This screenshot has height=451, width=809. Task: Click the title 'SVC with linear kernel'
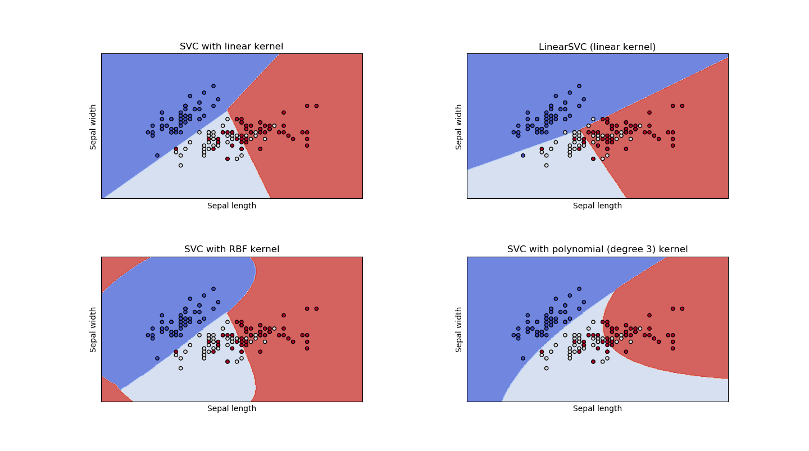click(x=231, y=47)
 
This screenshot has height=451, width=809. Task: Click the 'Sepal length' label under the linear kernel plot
click(x=231, y=206)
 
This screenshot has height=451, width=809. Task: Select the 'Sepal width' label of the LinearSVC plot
click(x=459, y=126)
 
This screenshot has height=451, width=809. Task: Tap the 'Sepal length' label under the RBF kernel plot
click(x=231, y=409)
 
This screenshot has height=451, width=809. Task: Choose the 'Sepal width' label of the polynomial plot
click(x=459, y=329)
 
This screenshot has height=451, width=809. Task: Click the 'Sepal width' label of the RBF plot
click(x=93, y=329)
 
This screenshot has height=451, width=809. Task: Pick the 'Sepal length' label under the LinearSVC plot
click(x=597, y=206)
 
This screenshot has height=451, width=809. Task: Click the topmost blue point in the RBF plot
click(x=213, y=289)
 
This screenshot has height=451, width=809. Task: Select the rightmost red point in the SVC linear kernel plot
click(x=316, y=106)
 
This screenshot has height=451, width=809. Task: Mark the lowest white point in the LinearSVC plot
click(x=546, y=165)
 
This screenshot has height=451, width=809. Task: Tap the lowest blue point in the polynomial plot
click(x=523, y=358)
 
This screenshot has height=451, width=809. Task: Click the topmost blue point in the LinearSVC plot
click(x=579, y=86)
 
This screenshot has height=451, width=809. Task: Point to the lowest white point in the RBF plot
click(x=180, y=368)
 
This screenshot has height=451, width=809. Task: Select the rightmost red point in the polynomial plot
click(x=682, y=308)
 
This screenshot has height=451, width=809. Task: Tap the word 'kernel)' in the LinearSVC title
click(x=639, y=47)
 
